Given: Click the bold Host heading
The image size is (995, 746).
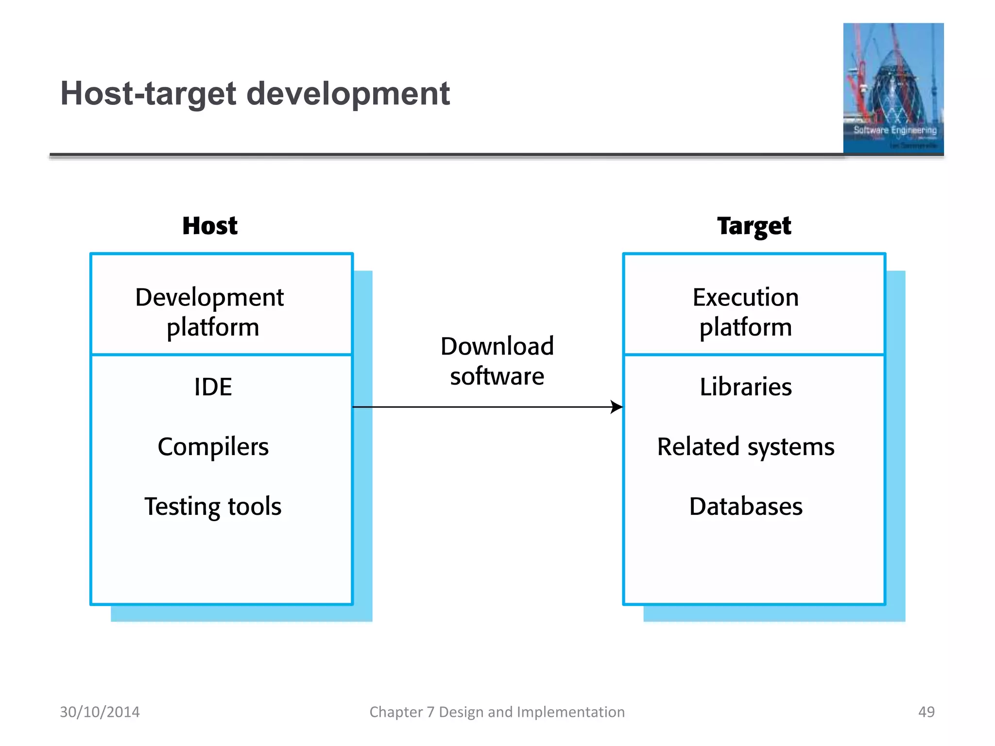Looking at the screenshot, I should pyautogui.click(x=210, y=226).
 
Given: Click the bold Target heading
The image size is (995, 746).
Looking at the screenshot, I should pyautogui.click(x=754, y=226).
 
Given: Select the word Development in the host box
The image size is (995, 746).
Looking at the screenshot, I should pyautogui.click(x=209, y=297).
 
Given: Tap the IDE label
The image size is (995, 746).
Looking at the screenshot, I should pyautogui.click(x=213, y=387).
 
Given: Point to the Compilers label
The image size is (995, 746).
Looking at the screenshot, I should pyautogui.click(x=213, y=446).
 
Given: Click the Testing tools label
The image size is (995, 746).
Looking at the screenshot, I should pyautogui.click(x=213, y=506).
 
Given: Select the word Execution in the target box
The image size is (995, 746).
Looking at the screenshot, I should pyautogui.click(x=745, y=297).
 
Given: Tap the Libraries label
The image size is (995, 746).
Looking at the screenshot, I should pyautogui.click(x=745, y=387).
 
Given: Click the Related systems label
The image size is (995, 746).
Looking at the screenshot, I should pyautogui.click(x=745, y=446).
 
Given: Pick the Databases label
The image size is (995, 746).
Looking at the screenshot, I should pyautogui.click(x=745, y=506).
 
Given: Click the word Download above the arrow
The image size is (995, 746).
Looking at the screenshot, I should pyautogui.click(x=497, y=346).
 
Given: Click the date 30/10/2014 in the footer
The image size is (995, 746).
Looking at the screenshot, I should pyautogui.click(x=100, y=712).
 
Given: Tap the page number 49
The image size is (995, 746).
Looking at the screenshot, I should pyautogui.click(x=926, y=712).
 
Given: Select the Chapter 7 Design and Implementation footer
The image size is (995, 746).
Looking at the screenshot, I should pyautogui.click(x=497, y=712).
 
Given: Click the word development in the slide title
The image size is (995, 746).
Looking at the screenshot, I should pyautogui.click(x=348, y=94).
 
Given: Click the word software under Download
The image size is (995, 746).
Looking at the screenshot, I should pyautogui.click(x=497, y=376).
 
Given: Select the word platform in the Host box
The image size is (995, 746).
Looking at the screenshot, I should pyautogui.click(x=213, y=327).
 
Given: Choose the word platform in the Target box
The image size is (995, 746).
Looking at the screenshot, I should pyautogui.click(x=745, y=327).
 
